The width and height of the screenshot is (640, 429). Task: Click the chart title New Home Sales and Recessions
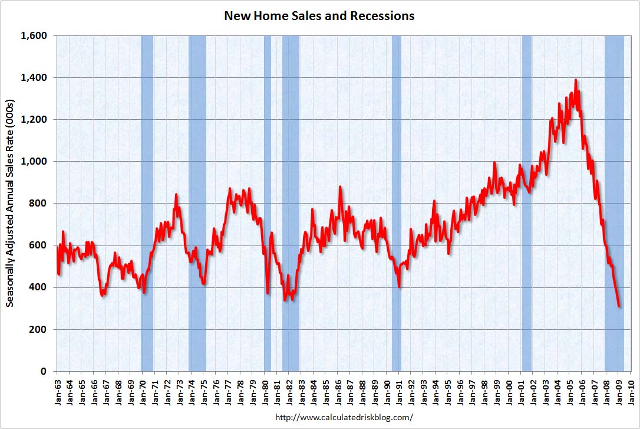319,16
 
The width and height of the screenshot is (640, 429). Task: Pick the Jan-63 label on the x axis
57,390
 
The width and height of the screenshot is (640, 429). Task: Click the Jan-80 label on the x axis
265,390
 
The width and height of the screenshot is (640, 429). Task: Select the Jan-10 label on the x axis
632,390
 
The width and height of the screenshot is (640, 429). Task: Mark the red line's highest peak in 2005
575,80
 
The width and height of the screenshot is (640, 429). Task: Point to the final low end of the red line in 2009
619,306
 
